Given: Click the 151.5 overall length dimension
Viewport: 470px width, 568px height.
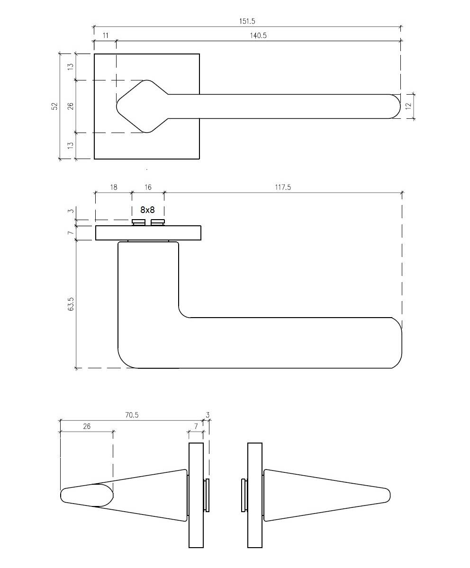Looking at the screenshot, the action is tap(247, 21).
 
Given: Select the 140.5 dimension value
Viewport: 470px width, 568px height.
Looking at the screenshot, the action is tap(258, 35).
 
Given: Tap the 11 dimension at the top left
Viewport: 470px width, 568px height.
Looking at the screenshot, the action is tap(106, 35).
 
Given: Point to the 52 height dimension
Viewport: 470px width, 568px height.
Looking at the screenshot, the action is tap(55, 106).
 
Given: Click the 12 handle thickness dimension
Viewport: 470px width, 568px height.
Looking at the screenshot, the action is tap(408, 106).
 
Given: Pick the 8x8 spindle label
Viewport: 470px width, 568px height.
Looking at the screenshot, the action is tap(148, 210).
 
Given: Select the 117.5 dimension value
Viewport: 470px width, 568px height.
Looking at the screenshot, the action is tap(283, 187).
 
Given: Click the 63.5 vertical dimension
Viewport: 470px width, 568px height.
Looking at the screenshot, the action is tap(71, 304).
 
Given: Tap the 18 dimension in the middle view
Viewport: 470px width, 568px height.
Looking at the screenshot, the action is tap(114, 187).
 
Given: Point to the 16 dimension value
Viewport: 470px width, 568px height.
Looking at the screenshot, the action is tap(148, 187).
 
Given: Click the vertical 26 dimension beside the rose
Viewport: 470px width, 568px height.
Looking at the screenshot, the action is tap(71, 106).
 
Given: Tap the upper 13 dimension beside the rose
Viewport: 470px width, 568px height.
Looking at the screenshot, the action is tap(71, 66).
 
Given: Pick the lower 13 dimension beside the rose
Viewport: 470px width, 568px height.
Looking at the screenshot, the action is tap(71, 145).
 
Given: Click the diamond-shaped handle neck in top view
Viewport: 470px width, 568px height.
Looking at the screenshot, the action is tap(142, 106).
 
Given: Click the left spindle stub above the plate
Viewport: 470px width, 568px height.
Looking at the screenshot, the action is tap(139, 222).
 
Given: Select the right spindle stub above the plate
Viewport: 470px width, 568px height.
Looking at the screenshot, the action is tap(158, 222).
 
